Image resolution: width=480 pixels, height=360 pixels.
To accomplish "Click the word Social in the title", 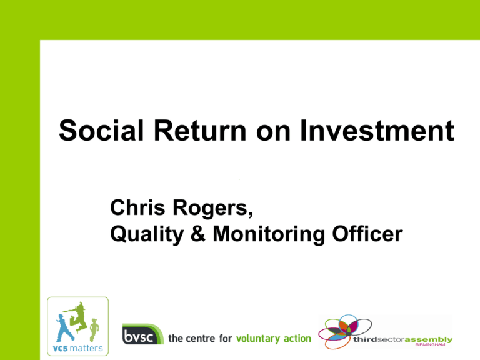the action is [x=101, y=131].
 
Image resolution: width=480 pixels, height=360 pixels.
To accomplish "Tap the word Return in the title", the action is [x=200, y=131].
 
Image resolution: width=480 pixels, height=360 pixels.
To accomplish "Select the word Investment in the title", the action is [x=377, y=131].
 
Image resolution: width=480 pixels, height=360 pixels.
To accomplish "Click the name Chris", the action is [x=137, y=207].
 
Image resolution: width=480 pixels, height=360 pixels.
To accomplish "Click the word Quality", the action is [x=147, y=235].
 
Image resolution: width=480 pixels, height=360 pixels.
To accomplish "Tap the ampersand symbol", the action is [x=198, y=234].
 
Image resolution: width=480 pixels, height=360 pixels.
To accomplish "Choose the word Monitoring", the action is [x=269, y=235].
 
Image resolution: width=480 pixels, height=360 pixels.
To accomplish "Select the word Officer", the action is [x=367, y=234].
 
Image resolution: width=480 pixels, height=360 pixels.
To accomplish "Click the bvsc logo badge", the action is [x=142, y=334].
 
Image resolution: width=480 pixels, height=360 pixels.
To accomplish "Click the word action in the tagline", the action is [x=297, y=338].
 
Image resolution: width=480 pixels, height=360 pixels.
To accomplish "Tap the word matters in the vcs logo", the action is [x=86, y=348].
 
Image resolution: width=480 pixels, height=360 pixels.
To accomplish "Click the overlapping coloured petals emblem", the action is [x=345, y=331].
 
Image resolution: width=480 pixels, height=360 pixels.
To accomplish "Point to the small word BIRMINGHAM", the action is [x=430, y=345].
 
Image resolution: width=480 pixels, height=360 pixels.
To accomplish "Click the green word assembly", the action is [x=429, y=340].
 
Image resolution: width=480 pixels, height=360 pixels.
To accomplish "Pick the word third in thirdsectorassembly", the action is [x=365, y=339].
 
